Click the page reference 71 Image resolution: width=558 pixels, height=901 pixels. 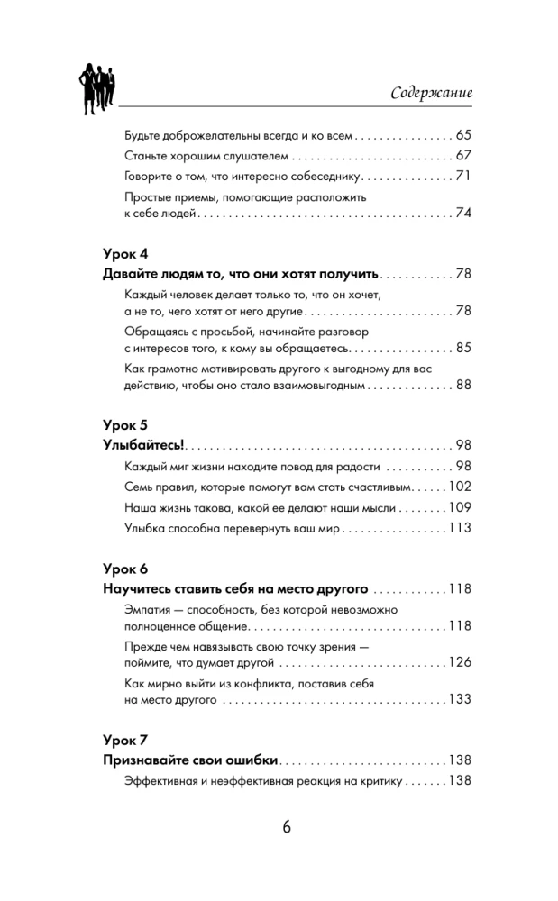(463, 175)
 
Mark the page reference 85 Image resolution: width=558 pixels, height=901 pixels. (463, 346)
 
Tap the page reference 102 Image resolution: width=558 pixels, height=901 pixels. (460, 487)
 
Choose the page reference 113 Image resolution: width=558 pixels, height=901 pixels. (460, 528)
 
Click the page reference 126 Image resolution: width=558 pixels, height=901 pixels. (460, 663)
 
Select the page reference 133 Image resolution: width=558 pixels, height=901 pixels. (460, 699)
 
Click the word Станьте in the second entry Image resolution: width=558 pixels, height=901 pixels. (143, 155)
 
